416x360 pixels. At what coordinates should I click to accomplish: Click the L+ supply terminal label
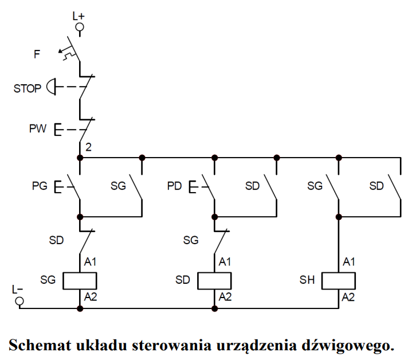(x=79, y=17)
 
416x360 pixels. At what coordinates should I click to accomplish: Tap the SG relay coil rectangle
(x=80, y=280)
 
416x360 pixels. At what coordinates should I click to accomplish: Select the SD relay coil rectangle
(x=214, y=280)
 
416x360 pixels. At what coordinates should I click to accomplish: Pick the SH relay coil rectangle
(x=338, y=280)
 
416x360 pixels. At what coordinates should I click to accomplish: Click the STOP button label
(x=28, y=88)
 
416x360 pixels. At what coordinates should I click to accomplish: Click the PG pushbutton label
(x=40, y=186)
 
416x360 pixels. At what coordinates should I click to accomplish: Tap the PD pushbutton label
(x=175, y=186)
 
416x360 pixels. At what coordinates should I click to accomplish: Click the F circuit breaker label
(x=37, y=54)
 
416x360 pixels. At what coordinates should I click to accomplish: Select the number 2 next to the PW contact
(x=88, y=147)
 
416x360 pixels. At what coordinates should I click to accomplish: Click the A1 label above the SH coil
(x=349, y=262)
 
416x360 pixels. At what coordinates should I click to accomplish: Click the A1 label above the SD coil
(x=225, y=262)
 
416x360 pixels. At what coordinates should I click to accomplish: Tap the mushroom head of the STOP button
(x=51, y=88)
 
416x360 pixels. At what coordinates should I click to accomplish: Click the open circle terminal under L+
(x=79, y=27)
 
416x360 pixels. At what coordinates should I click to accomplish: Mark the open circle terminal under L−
(x=19, y=300)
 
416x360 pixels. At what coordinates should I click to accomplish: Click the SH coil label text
(x=307, y=280)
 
